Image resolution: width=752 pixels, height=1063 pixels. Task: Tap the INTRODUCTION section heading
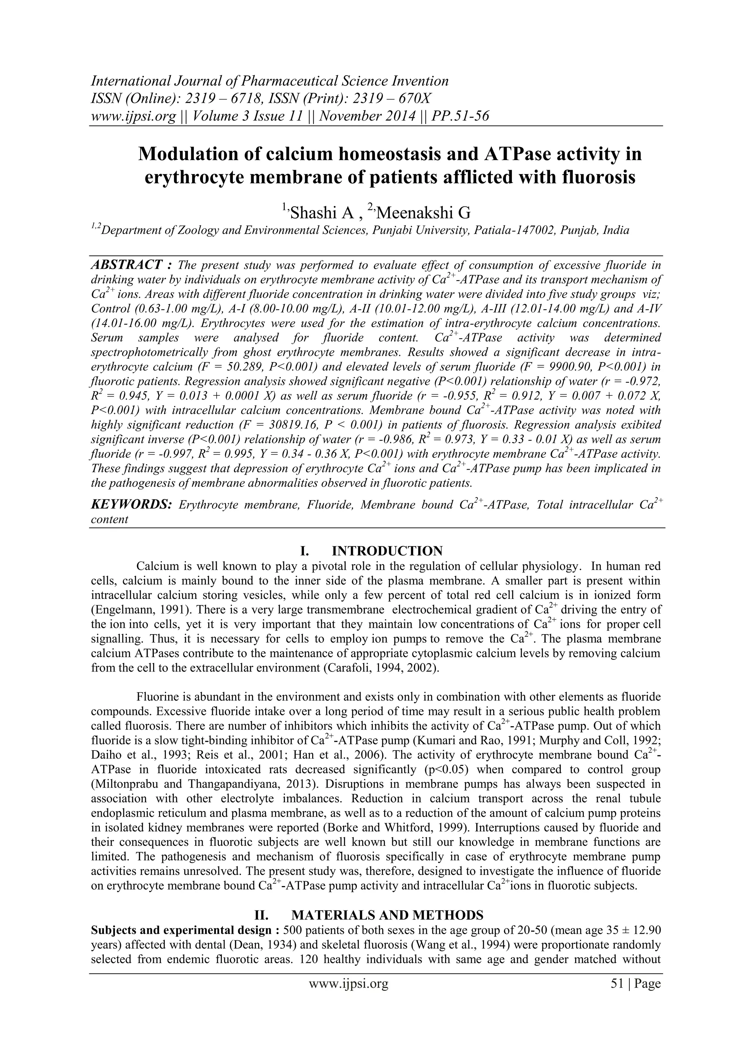coord(387,551)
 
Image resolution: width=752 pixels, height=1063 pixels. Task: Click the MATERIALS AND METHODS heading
coord(388,915)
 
